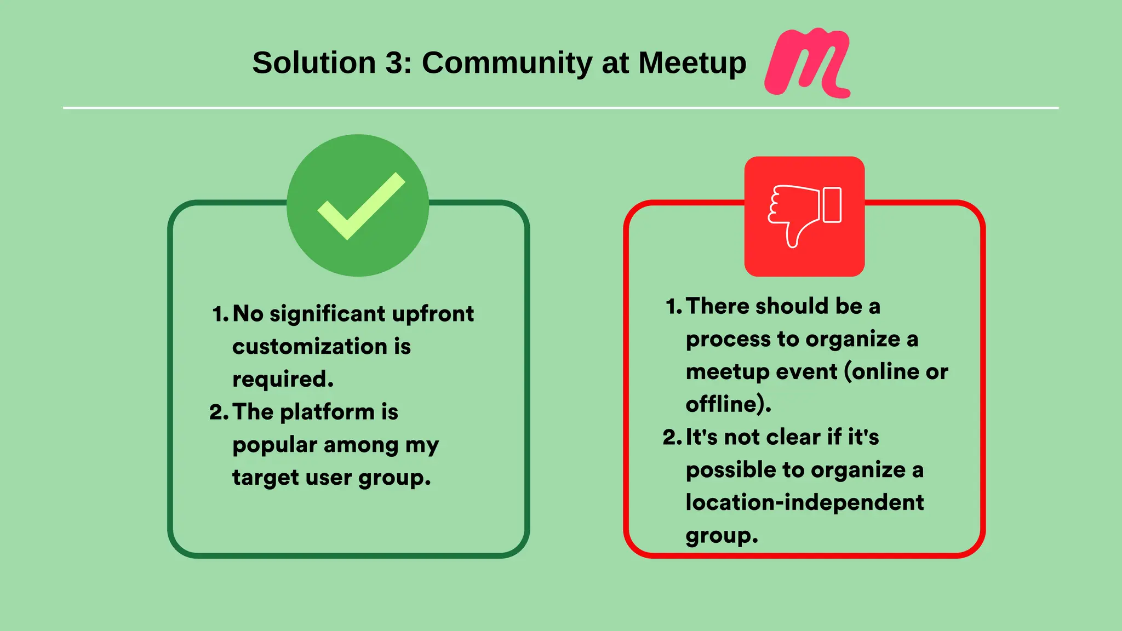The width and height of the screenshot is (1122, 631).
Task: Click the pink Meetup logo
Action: pos(808,62)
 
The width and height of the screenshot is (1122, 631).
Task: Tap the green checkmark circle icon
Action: pos(358,205)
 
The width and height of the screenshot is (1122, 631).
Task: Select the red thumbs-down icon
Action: pos(804,216)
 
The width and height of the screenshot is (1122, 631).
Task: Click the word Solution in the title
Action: pos(313,62)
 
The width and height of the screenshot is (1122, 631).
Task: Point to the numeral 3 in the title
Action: pos(394,62)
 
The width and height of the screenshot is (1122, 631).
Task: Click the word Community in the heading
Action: pos(507,62)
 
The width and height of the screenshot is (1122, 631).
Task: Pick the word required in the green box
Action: pos(282,379)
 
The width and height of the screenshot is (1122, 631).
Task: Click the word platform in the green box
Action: pos(328,412)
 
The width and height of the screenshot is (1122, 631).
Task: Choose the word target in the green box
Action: pos(265,478)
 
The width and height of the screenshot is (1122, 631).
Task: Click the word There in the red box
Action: pos(718,306)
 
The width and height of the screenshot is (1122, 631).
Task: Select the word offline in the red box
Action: pos(724,404)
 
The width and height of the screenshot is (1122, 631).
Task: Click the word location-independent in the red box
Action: pos(804,502)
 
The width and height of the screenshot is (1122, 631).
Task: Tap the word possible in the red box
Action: pos(730,470)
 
